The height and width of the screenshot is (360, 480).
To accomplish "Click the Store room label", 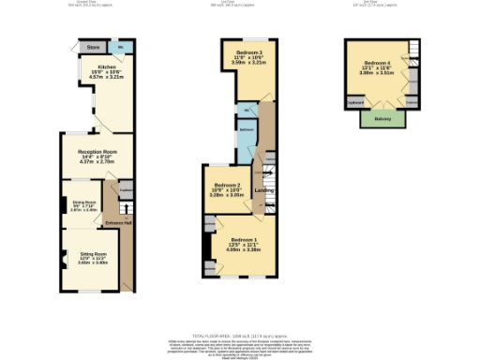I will click(93, 46).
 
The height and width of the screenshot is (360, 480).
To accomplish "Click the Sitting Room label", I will click(92, 254).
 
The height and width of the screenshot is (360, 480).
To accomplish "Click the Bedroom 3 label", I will click(248, 51).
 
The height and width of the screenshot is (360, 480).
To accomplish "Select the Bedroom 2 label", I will click(228, 186).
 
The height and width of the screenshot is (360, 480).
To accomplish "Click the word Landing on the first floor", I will click(263, 192).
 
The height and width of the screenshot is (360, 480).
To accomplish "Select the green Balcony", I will click(382, 119).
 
